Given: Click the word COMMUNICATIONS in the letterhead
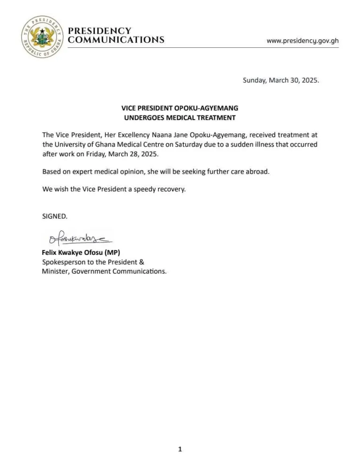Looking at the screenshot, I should click(x=116, y=40).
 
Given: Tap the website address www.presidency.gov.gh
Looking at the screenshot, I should click(x=302, y=41).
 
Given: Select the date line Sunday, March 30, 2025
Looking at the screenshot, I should click(x=280, y=80).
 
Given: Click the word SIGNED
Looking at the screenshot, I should click(x=55, y=216).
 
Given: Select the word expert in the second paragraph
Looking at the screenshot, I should click(x=76, y=172).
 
